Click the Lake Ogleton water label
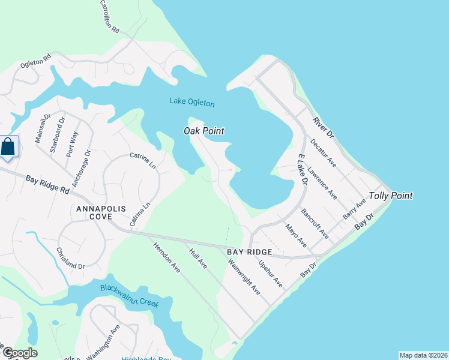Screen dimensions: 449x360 point(191,103)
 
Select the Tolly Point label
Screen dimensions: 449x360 point(391,196)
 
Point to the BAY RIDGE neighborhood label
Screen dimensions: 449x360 point(250,252)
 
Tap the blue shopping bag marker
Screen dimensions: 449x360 point(8,147)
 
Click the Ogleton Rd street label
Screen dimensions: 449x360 point(36,61)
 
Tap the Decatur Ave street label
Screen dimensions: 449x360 point(324,153)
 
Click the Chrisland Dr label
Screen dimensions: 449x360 point(71,257)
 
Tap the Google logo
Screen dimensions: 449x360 point(20,353)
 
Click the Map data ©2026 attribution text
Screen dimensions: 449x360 point(423,355)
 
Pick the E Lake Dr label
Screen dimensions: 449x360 point(303,169)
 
